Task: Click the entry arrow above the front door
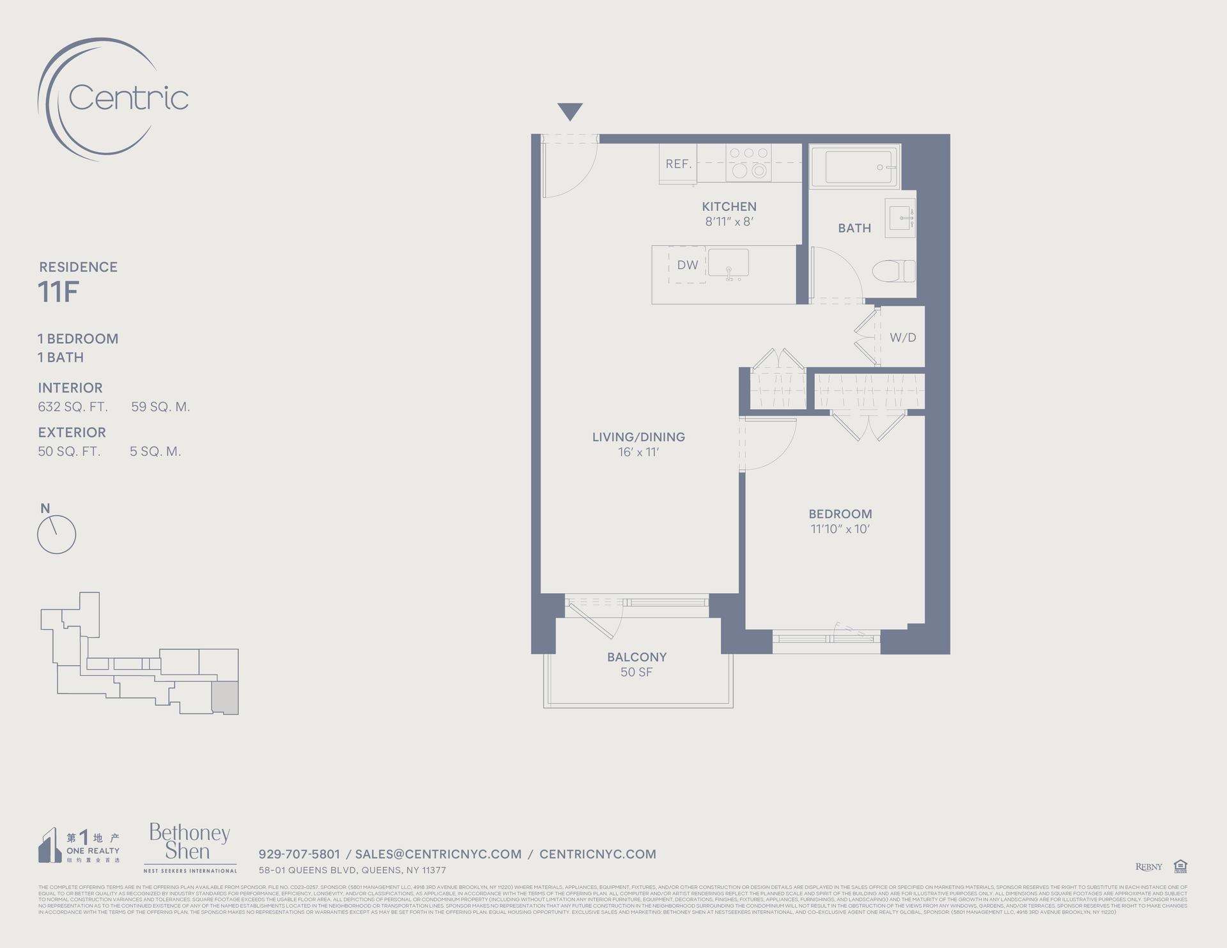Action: coord(569,111)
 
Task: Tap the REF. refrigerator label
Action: coord(678,164)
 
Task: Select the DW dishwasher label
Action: coord(688,265)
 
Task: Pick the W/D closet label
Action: coord(902,338)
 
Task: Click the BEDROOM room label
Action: coord(840,514)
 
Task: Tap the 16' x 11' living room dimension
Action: coord(638,452)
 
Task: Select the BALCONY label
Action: coord(637,657)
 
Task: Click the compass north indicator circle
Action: coord(57,534)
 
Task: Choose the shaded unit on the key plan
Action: coord(225,697)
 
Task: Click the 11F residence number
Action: coord(58,292)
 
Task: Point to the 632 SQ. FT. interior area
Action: coord(73,407)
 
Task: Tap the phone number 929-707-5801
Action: coord(299,854)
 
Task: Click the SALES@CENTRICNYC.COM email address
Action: coord(438,854)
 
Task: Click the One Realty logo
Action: coord(79,846)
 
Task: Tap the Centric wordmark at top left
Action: coord(128,98)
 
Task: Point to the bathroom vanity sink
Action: coord(901,218)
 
